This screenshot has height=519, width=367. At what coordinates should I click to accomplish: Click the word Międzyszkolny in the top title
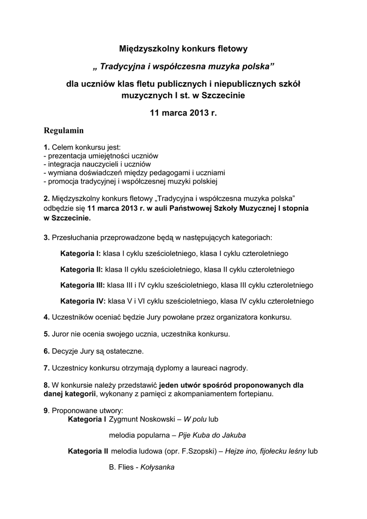[143, 49]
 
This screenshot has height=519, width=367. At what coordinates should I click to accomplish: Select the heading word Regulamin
[64, 130]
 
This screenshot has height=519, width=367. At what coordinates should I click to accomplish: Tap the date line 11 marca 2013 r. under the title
[183, 113]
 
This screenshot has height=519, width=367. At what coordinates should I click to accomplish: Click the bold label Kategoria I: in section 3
[80, 253]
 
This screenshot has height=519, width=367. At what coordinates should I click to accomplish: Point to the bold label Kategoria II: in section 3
[81, 269]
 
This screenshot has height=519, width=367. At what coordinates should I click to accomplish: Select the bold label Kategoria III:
[83, 285]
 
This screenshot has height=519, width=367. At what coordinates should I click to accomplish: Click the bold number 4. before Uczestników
[47, 317]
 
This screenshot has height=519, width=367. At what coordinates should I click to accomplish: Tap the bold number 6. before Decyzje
[47, 351]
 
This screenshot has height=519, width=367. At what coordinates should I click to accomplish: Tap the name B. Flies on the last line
[120, 467]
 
